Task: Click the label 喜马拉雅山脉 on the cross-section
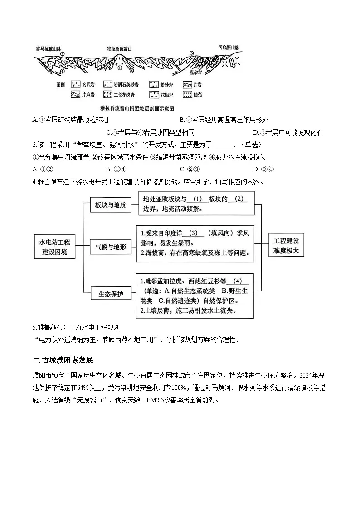48,47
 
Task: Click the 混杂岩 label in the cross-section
195,72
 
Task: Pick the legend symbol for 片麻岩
75,95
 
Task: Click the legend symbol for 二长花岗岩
108,95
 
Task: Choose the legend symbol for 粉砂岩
153,85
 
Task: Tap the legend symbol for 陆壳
187,95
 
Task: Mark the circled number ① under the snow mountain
119,68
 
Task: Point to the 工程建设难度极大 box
287,246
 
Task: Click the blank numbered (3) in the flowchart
194,233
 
